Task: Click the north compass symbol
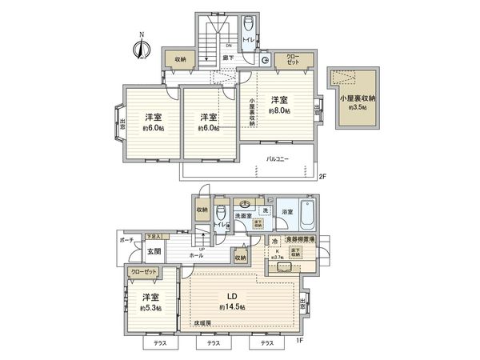click(x=141, y=47)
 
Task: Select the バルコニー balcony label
click(x=278, y=158)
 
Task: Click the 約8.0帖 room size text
click(x=278, y=111)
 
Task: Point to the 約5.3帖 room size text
click(x=151, y=308)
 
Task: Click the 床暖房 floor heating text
click(x=202, y=323)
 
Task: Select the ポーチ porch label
click(x=126, y=239)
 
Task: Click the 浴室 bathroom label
click(x=286, y=210)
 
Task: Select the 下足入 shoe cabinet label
click(x=154, y=237)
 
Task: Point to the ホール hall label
click(x=194, y=255)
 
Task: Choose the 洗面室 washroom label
click(x=244, y=216)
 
